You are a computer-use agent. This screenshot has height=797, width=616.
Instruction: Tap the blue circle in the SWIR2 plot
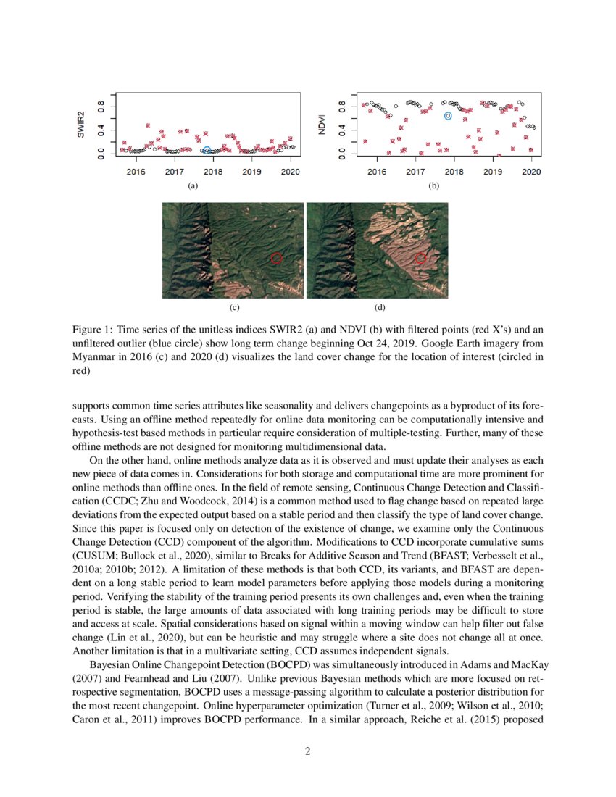point(207,150)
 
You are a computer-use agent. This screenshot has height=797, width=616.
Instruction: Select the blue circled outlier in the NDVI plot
point(448,115)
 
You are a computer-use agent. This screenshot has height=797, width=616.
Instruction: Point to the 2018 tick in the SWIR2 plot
point(213,172)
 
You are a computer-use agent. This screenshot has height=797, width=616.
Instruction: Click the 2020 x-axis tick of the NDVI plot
point(531,172)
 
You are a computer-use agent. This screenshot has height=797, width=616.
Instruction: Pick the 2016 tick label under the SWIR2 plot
point(136,172)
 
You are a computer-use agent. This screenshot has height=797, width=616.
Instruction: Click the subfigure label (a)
point(192,186)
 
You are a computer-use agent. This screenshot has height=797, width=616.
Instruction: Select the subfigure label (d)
point(379,308)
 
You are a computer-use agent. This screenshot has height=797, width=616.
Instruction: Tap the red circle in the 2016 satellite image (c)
point(275,258)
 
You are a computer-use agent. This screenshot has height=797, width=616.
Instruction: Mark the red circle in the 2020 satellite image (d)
point(420,258)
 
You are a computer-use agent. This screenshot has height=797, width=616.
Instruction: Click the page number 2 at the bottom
point(308,751)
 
